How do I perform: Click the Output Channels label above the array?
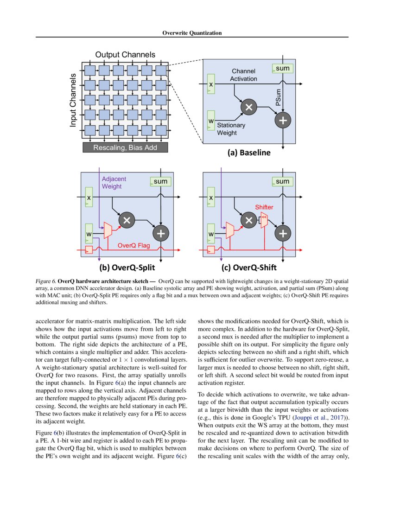[x=125, y=55]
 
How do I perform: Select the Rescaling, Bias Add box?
[x=125, y=148]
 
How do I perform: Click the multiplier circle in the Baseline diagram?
[x=248, y=107]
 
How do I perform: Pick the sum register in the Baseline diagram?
[x=282, y=69]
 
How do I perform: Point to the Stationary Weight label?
[x=231, y=129]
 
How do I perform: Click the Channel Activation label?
[x=244, y=75]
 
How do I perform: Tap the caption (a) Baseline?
[x=248, y=153]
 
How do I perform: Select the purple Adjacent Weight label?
[x=114, y=182]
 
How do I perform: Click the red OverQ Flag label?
[x=133, y=246]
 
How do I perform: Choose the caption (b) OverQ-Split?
[x=127, y=268]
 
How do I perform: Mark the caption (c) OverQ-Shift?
[x=249, y=268]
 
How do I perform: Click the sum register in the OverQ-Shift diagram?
[x=282, y=182]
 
